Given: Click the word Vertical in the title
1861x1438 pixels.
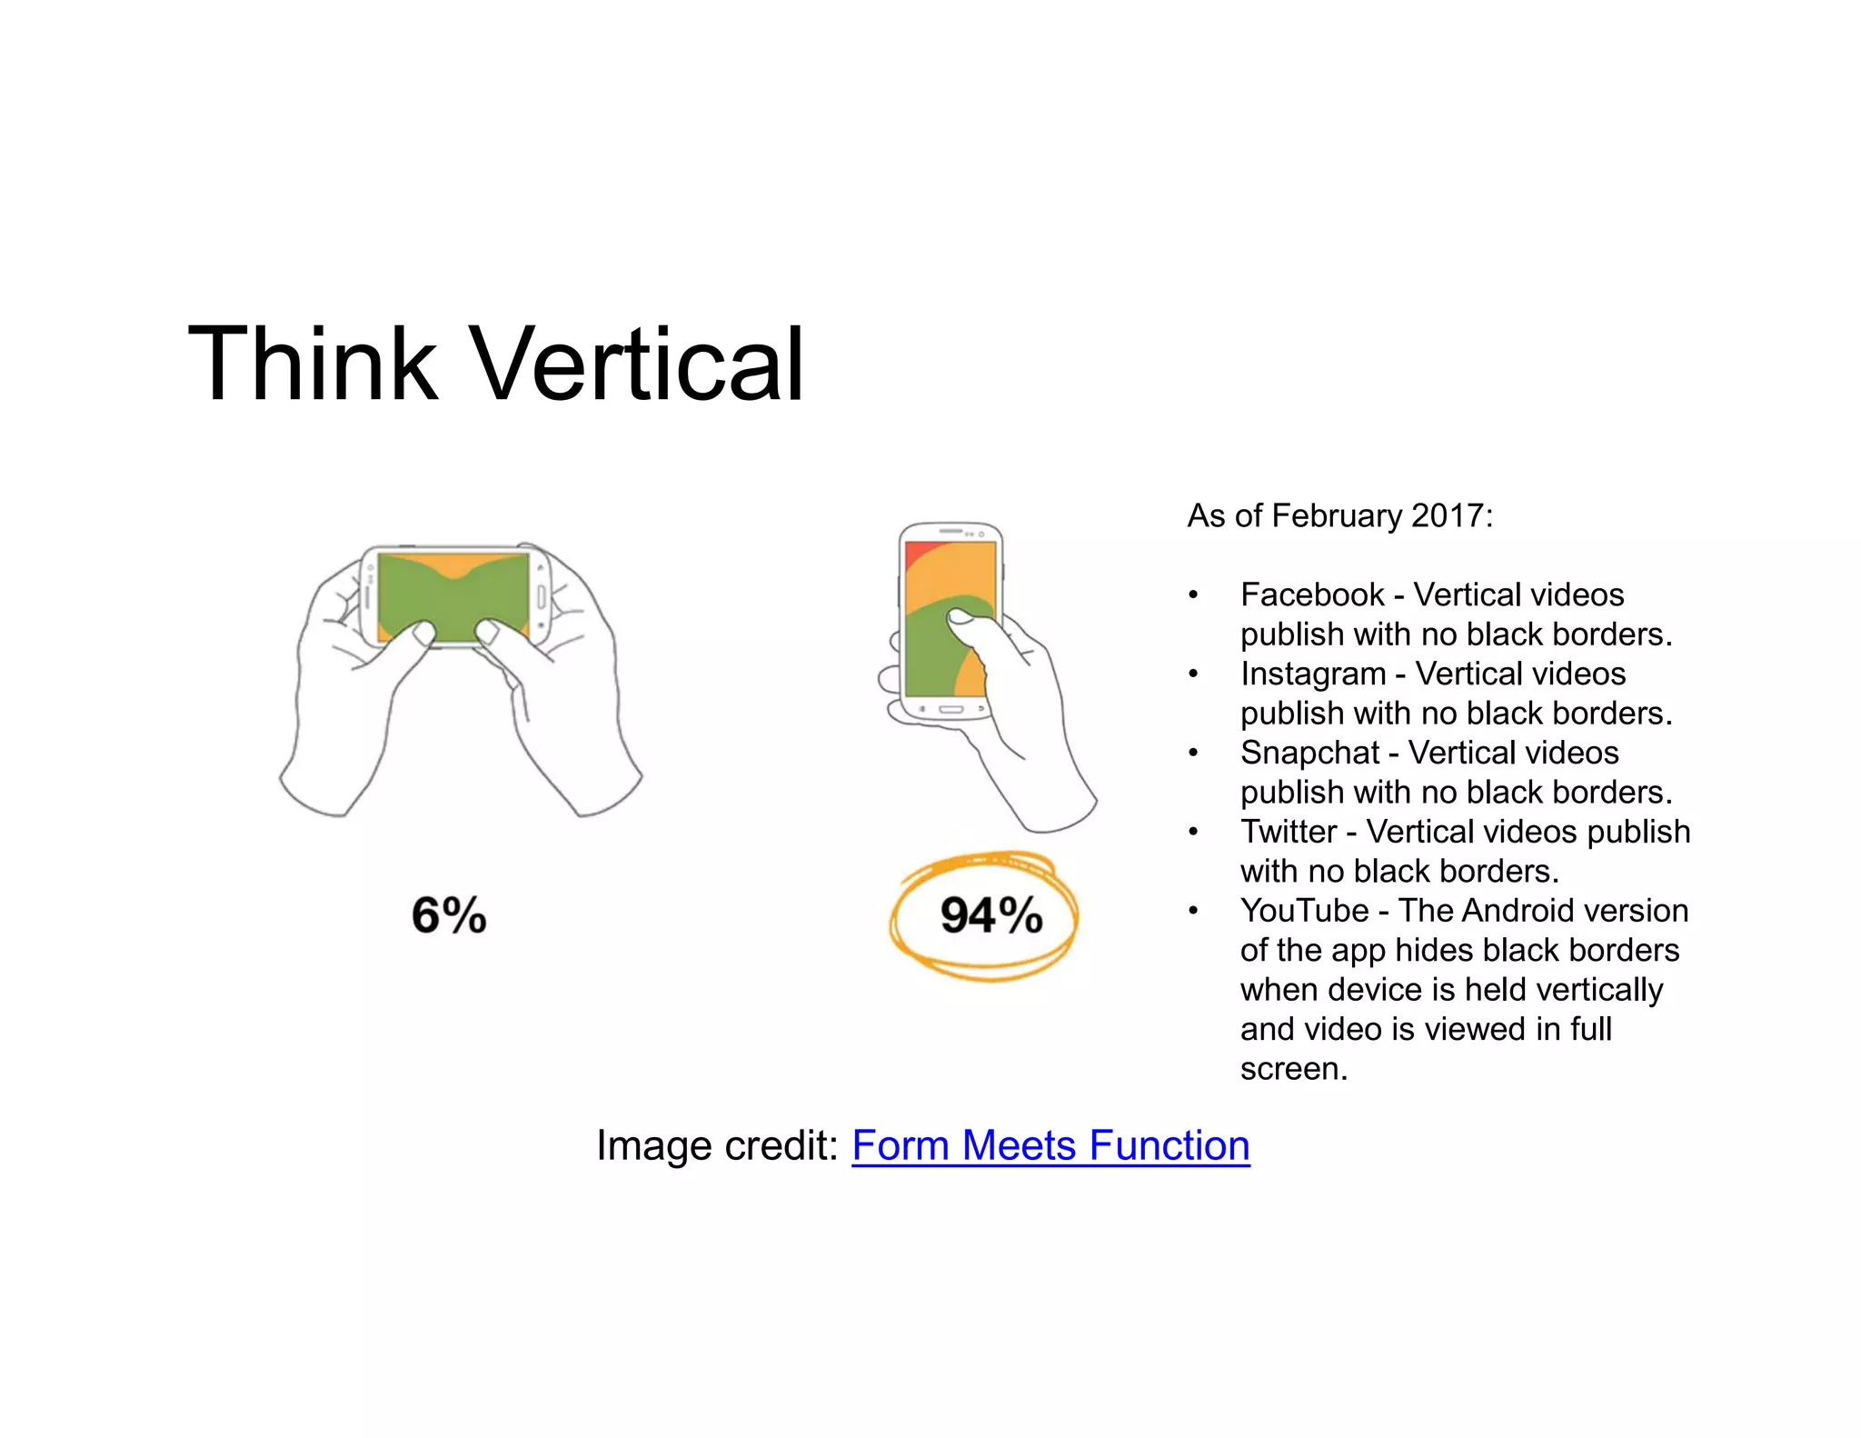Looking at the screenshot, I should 638,364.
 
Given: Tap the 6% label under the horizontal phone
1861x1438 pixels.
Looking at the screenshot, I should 449,914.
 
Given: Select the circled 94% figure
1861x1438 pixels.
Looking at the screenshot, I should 990,914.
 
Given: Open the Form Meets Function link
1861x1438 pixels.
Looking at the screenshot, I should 1050,1145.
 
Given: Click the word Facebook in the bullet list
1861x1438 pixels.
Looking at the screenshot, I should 1312,594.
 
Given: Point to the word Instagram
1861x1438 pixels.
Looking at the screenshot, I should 1313,674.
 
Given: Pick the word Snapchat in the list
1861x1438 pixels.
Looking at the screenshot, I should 1309,753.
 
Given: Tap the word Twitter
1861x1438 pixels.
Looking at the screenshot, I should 1289,832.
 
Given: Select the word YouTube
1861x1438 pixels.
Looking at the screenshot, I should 1304,911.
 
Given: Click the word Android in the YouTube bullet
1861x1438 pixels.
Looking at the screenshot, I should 1516,911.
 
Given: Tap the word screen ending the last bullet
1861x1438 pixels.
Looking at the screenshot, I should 1292,1069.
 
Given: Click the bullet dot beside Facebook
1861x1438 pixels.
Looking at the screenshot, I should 1193,596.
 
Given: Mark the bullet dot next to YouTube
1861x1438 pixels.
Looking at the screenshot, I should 1193,912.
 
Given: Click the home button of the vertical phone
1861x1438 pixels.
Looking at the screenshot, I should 950,709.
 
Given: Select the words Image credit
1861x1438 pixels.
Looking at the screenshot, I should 717,1145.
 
